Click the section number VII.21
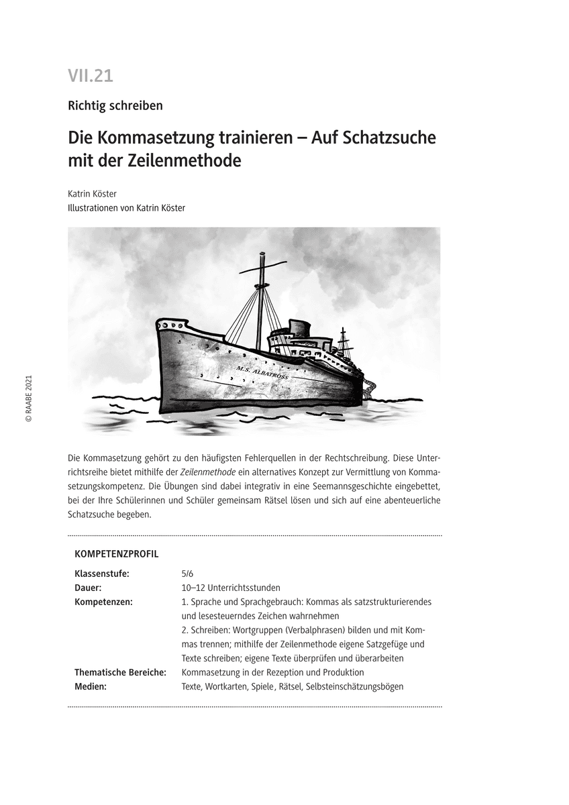pyautogui.click(x=91, y=76)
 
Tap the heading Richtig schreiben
pyautogui.click(x=115, y=105)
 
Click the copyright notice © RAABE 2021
pyautogui.click(x=28, y=398)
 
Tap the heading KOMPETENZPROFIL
pyautogui.click(x=117, y=554)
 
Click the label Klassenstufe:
pyautogui.click(x=102, y=574)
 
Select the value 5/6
pyautogui.click(x=187, y=574)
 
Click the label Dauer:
pyautogui.click(x=88, y=588)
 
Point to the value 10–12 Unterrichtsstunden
pyautogui.click(x=231, y=588)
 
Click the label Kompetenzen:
pyautogui.click(x=103, y=602)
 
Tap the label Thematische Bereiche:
pyautogui.click(x=120, y=672)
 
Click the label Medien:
pyautogui.click(x=91, y=686)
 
